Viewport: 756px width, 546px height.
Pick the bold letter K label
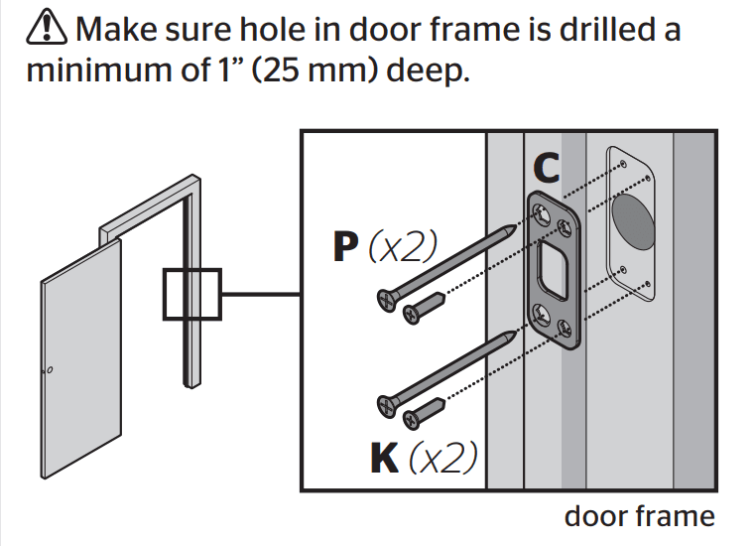[385, 457]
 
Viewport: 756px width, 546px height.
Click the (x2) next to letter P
[402, 248]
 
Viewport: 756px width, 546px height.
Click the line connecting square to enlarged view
[260, 295]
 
